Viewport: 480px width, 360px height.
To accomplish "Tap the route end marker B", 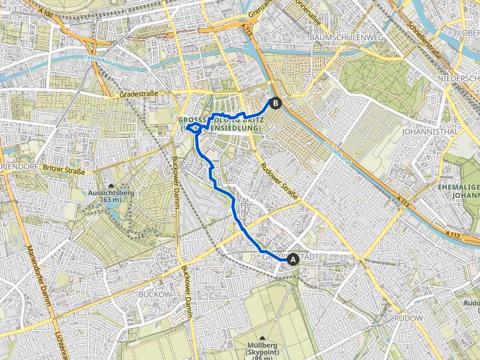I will pyautogui.click(x=275, y=104).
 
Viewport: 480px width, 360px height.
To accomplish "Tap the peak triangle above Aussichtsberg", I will pyautogui.click(x=112, y=186).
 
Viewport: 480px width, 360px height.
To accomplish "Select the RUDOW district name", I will pyautogui.click(x=409, y=318).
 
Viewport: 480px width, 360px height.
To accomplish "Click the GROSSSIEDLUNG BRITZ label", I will pyautogui.click(x=218, y=119).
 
